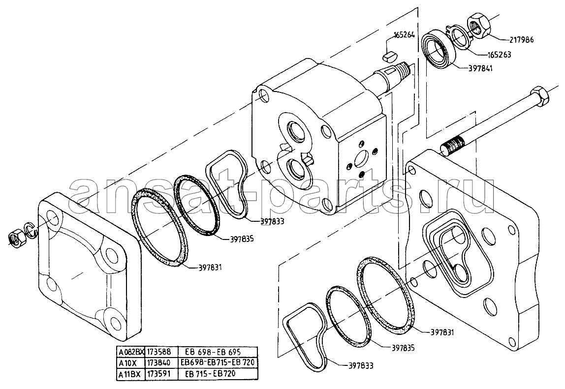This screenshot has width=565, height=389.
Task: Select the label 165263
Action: [x=499, y=55]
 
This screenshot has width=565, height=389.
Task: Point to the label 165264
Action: [x=404, y=35]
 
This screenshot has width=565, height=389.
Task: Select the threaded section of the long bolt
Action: [x=453, y=145]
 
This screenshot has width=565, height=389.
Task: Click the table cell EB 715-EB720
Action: [x=210, y=374]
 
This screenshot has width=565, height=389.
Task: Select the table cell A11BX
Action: [x=129, y=374]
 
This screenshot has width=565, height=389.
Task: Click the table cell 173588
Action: [x=158, y=352]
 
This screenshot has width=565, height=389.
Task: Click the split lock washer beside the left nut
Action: [x=29, y=231]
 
